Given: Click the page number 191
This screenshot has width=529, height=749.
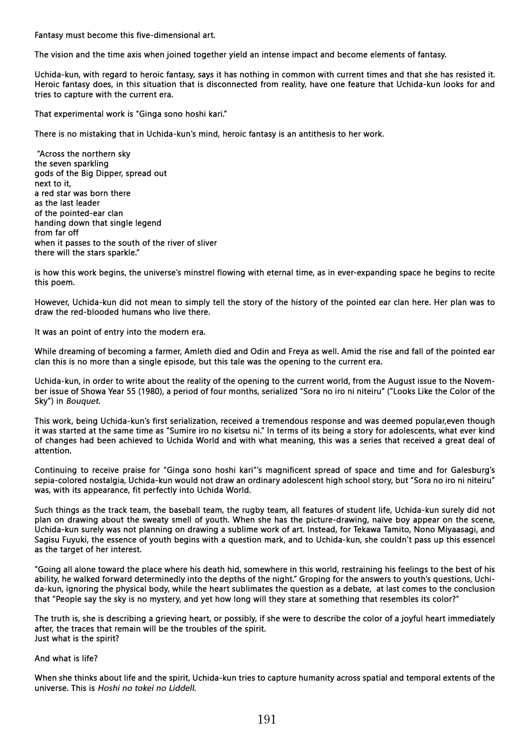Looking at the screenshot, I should [267, 719].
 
